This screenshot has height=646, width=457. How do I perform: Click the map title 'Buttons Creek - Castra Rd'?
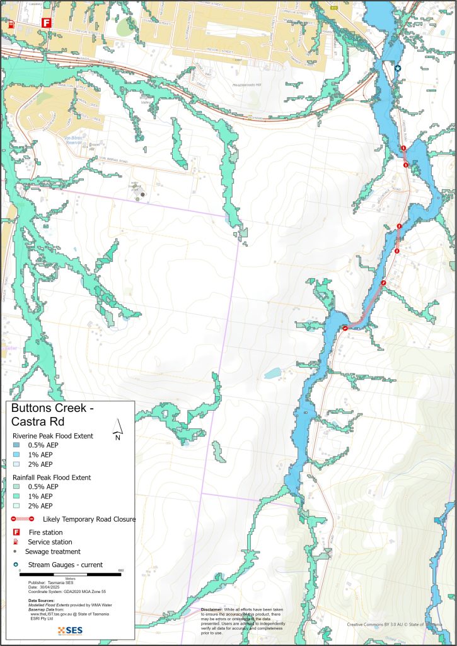click(52, 415)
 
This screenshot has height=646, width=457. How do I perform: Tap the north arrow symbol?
click(117, 430)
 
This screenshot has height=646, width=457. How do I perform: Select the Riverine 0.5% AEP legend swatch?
click(16, 445)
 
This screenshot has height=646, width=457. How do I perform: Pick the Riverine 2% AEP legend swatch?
click(16, 464)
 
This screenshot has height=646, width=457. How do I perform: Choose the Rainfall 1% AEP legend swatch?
click(16, 496)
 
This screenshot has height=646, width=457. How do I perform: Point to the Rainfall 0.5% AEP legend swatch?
click(16, 486)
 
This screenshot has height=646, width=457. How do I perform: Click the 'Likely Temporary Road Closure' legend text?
click(89, 519)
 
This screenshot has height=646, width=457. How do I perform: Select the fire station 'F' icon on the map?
click(45, 23)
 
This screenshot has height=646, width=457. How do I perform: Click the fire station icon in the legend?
click(16, 532)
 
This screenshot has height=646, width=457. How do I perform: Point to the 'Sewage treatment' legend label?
click(53, 551)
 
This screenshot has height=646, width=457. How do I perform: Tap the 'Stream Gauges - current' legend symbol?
click(16, 564)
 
